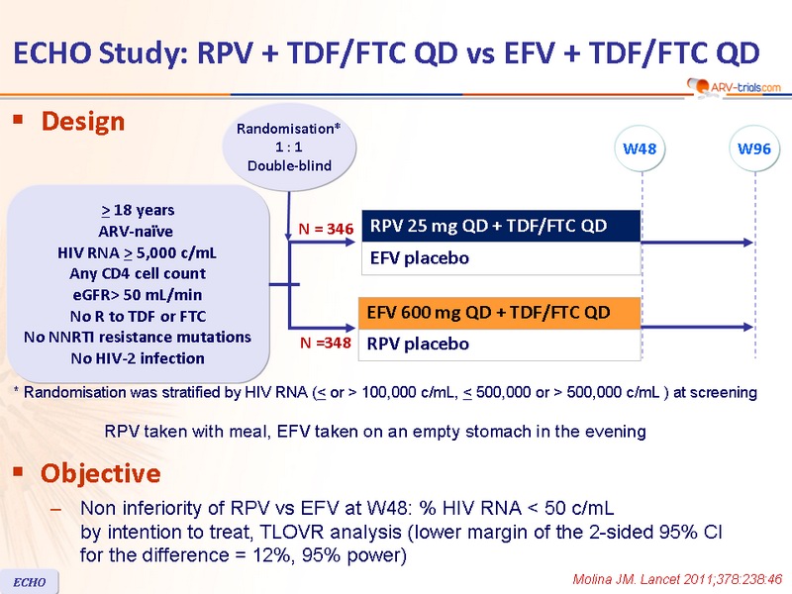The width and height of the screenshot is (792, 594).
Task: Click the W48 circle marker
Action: click(x=640, y=149)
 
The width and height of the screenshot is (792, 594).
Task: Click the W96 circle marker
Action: click(x=754, y=149)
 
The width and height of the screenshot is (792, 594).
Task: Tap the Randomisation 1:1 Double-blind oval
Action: click(x=289, y=147)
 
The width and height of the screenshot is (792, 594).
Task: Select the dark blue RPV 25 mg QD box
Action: click(x=501, y=226)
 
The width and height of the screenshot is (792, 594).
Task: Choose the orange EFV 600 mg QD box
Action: click(x=500, y=313)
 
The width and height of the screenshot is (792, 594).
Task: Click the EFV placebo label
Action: click(x=419, y=258)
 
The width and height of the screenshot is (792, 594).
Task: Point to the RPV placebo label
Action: click(x=418, y=344)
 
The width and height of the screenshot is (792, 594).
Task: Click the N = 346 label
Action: click(x=326, y=229)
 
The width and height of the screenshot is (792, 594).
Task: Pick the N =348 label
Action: click(x=326, y=343)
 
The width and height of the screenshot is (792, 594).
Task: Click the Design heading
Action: click(x=83, y=122)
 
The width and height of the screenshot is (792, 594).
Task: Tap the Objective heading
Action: click(x=101, y=473)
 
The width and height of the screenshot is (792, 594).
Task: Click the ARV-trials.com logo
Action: click(x=735, y=87)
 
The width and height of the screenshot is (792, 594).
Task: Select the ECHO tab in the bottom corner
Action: click(x=30, y=582)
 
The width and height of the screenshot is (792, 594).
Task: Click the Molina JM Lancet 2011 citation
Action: click(x=677, y=579)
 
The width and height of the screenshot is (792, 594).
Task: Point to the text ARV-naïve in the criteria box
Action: click(x=136, y=232)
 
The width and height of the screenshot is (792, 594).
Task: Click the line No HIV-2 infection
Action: click(x=138, y=358)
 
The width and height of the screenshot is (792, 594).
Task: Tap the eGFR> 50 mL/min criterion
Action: click(x=138, y=295)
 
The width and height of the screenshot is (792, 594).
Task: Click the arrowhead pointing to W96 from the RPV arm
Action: click(x=748, y=243)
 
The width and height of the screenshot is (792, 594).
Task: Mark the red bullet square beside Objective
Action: click(x=19, y=472)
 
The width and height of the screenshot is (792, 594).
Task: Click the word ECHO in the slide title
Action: click(x=52, y=53)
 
